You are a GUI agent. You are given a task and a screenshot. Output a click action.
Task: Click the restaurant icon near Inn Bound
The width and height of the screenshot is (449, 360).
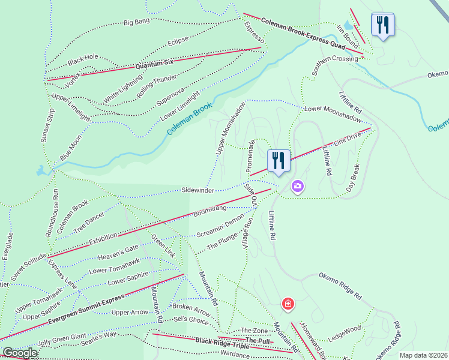[x=382, y=25]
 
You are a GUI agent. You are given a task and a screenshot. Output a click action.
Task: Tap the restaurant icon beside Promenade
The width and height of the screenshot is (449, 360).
[x=279, y=161]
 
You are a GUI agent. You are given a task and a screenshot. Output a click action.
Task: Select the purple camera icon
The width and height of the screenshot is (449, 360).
[x=297, y=187]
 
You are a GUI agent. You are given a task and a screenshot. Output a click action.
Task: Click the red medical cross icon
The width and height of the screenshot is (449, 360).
[x=289, y=304]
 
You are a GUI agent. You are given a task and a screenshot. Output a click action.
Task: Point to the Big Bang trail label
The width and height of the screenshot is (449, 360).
[x=136, y=23]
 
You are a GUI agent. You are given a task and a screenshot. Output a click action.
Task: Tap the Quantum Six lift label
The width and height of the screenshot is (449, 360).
[x=154, y=63]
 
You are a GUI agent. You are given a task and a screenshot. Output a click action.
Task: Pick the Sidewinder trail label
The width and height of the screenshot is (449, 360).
[x=197, y=190]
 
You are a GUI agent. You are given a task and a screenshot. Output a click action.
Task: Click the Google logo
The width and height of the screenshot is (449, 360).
[x=20, y=353]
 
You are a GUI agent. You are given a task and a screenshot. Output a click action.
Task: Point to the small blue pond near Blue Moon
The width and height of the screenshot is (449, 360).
[x=41, y=171]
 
